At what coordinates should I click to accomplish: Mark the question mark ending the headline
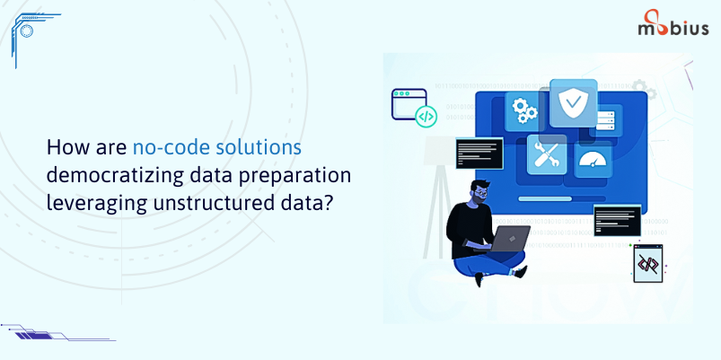pos(327,202)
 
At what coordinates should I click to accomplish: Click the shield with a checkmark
pos(574,103)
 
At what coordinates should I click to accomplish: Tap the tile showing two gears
pos(524,111)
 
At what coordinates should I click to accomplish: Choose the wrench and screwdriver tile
pos(546,154)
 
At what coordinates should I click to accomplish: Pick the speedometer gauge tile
pos(594,159)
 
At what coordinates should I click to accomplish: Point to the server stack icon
pos(605,120)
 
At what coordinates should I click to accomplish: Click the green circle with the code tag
pos(426,117)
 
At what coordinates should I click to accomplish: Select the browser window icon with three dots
pos(409,104)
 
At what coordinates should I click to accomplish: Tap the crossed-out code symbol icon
pos(648,263)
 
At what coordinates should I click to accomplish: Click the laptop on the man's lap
pos(509,239)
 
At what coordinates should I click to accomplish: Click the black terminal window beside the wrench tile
pos(479,154)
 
